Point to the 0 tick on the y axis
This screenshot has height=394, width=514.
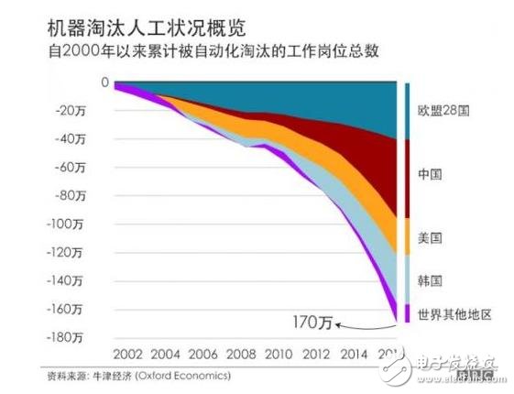click(x=105, y=84)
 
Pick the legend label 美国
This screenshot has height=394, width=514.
click(x=432, y=237)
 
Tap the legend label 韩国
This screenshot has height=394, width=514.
click(x=432, y=280)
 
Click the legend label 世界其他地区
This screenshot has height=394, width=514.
click(x=454, y=314)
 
